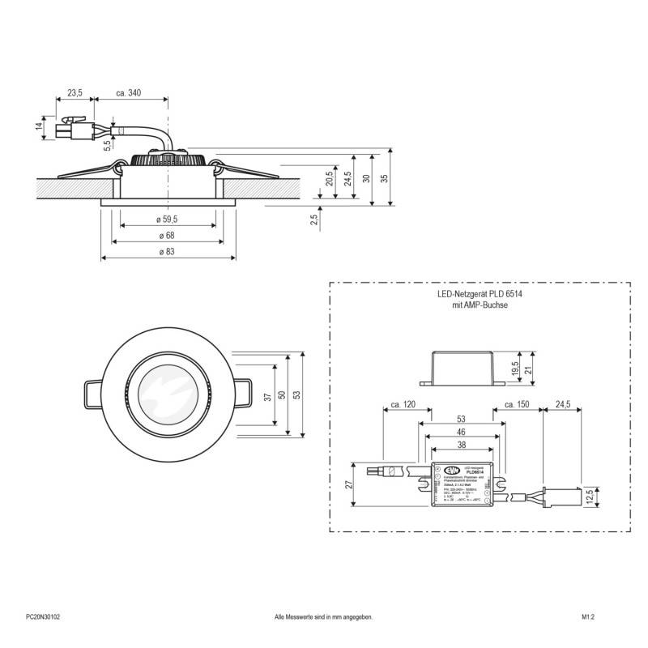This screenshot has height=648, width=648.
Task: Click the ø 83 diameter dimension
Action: tap(168, 251)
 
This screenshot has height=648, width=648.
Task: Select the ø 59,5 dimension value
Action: tap(168, 219)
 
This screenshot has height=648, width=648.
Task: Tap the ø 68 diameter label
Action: tap(168, 235)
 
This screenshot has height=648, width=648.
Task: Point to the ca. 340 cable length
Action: tap(129, 94)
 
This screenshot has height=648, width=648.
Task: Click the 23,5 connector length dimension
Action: tap(75, 94)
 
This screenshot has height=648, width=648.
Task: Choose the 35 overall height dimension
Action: tap(385, 177)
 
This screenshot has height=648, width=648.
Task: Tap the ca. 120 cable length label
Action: tap(403, 403)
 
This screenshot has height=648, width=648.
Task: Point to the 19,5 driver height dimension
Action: tap(515, 369)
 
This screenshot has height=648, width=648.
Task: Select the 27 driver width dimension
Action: tap(351, 484)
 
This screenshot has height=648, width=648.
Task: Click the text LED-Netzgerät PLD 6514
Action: tap(479, 296)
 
